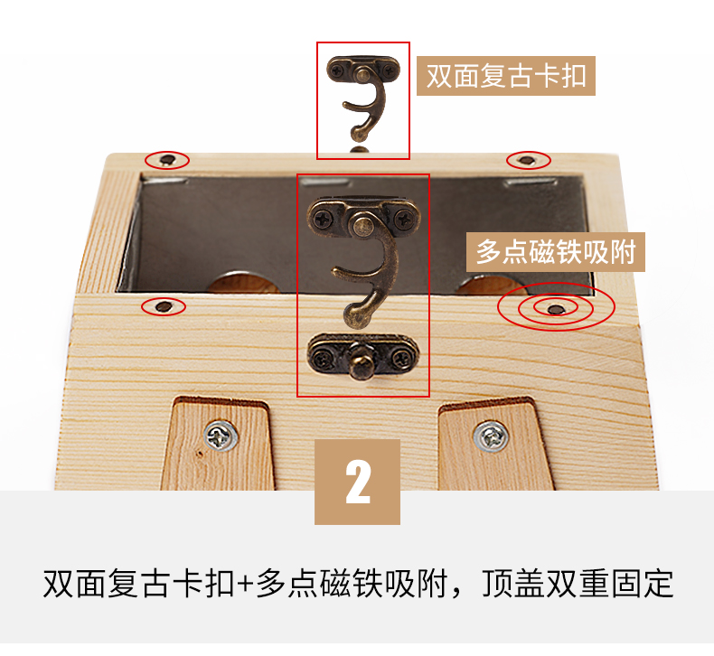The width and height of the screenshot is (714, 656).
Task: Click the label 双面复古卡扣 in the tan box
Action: pos(506,76)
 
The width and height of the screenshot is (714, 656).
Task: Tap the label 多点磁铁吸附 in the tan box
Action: pos(556,252)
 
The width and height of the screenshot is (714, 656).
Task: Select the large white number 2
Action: pos(358,482)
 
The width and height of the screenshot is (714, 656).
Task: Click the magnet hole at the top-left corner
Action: pos(167,160)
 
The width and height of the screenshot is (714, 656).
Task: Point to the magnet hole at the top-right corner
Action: pos(528,160)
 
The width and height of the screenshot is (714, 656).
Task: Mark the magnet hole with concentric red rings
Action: pos(556,310)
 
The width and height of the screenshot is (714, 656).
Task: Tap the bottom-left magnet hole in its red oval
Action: pos(164,306)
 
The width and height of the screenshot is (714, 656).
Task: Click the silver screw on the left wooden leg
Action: pos(221,436)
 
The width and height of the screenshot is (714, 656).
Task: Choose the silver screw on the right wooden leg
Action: pos(491,436)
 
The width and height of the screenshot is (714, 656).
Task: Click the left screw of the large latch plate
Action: pos(324,220)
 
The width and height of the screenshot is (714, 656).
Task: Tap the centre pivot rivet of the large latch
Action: pos(363,225)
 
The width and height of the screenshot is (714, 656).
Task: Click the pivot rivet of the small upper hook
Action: pos(363,72)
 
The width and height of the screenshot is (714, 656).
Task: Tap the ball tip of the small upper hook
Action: pos(359,134)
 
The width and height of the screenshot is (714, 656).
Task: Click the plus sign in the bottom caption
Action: pos(246,584)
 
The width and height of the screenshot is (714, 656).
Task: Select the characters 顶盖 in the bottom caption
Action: pos(512,583)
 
